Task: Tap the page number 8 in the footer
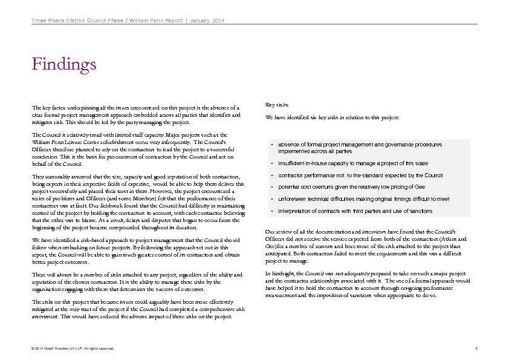[476, 349]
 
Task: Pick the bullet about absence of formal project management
[360, 148]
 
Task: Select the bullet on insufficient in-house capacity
[353, 163]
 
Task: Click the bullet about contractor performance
[360, 175]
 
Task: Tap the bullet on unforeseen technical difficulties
[363, 199]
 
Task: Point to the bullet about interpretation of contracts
[355, 211]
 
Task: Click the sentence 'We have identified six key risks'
[332, 117]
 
